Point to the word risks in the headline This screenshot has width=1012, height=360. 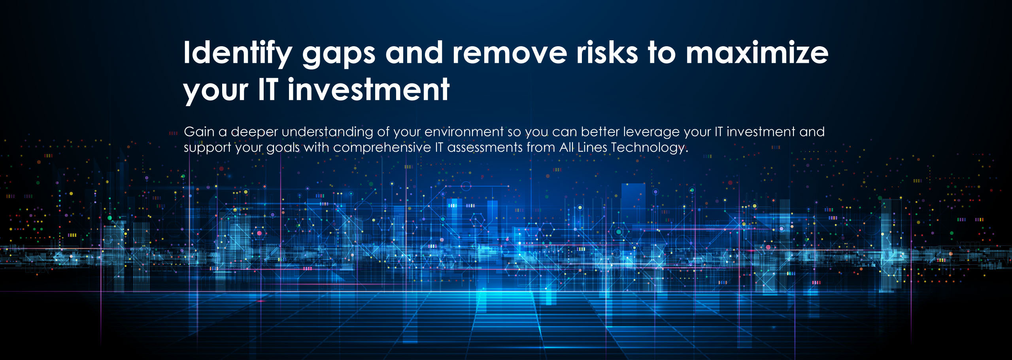607,52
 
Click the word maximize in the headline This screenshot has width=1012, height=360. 757,52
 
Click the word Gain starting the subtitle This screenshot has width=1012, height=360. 199,132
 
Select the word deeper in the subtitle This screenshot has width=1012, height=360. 254,133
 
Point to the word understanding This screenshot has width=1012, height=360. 327,133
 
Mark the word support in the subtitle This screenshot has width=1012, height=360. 208,148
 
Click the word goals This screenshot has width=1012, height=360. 283,148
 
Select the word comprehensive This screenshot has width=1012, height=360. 382,148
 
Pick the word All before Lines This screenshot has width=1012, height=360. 566,147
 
